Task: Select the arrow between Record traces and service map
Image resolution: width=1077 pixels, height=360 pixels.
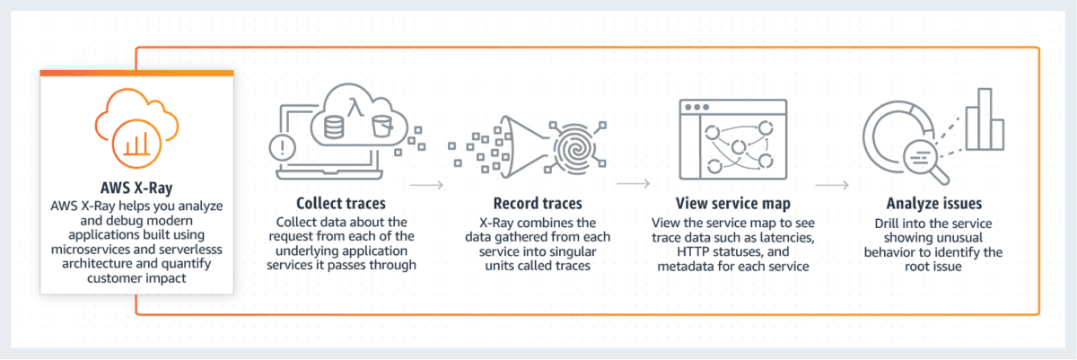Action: (x=635, y=187)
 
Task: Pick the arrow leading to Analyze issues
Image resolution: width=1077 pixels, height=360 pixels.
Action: (x=832, y=187)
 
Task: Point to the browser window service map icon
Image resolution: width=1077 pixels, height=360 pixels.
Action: (x=733, y=140)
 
